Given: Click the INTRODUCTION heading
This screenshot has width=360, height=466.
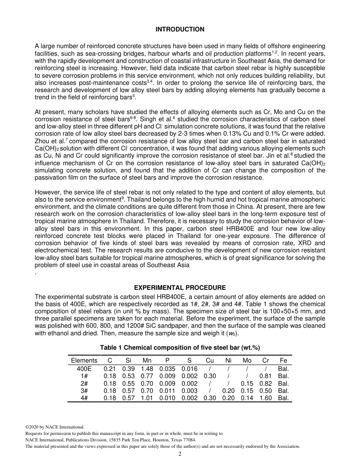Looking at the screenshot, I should (x=180, y=29).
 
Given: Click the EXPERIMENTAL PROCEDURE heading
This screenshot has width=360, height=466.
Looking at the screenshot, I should (x=180, y=288).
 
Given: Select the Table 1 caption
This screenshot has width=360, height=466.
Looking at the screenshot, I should (x=180, y=347).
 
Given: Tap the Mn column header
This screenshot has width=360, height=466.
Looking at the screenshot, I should (x=147, y=360).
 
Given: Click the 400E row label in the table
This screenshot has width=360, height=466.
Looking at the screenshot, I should (x=84, y=369).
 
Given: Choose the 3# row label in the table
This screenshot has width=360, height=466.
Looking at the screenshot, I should (x=84, y=391).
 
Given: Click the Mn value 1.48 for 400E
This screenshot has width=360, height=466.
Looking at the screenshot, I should (x=147, y=369).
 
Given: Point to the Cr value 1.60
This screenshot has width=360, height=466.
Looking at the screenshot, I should (x=265, y=398).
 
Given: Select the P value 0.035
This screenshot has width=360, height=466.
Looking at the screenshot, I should (x=167, y=369).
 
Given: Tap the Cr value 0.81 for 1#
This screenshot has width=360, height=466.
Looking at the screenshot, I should (x=265, y=376).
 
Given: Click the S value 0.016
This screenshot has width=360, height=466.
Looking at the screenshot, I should (x=189, y=369).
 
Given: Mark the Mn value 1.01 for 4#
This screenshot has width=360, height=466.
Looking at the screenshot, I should (x=147, y=398).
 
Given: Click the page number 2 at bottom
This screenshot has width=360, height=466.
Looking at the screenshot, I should (x=180, y=454).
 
